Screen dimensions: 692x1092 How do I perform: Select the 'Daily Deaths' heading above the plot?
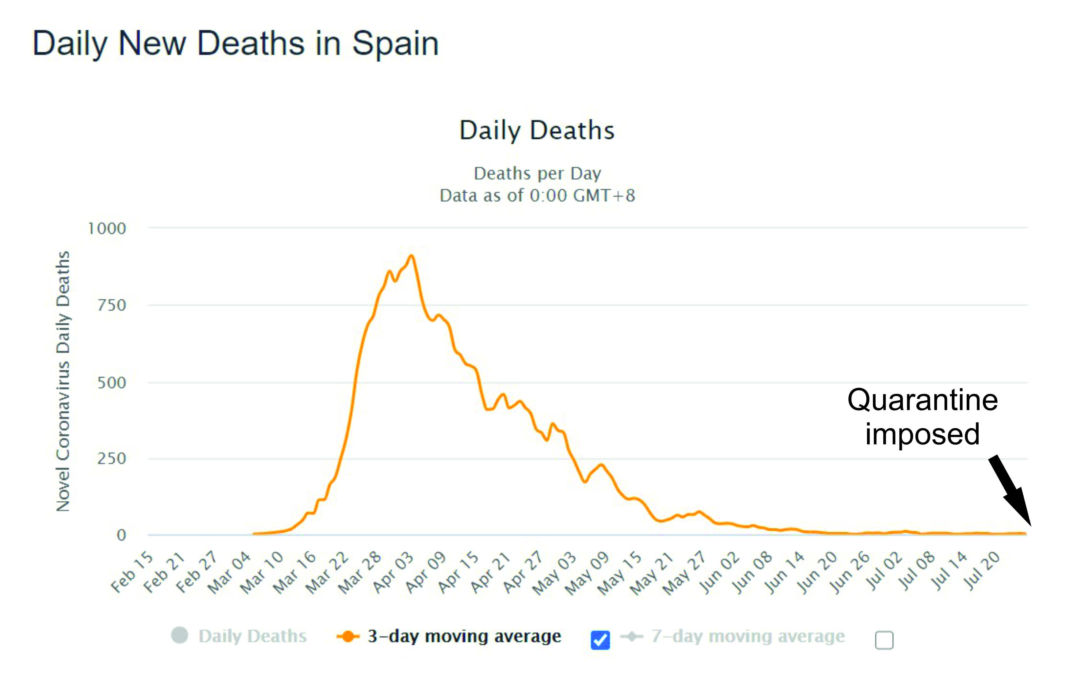pos(537,131)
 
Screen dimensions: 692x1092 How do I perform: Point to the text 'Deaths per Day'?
pos(537,173)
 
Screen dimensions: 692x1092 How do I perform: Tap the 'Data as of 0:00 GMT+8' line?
pos(537,196)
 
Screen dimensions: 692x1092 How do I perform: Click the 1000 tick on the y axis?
pos(107,229)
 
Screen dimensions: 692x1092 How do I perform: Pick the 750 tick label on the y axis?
pos(112,305)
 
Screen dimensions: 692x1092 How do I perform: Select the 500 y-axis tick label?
pos(112,383)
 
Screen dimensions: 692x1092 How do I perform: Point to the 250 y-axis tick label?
pos(112,459)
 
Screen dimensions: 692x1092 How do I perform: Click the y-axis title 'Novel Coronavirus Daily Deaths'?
pos(63,381)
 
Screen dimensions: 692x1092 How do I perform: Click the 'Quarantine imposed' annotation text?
pos(923,417)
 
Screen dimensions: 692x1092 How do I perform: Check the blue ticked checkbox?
pos(600,640)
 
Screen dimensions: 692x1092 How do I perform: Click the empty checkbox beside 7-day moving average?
pos(884,640)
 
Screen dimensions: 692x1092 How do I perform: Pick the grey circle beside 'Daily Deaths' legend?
pos(180,635)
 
